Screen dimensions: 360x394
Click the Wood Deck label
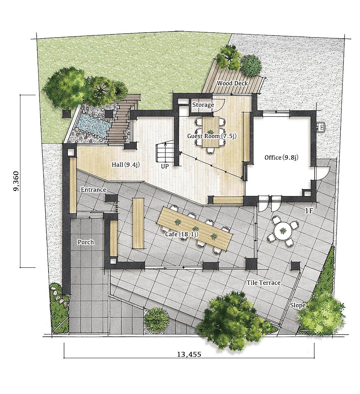232,83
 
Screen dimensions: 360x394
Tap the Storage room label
203,105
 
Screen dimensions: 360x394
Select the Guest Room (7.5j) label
212,136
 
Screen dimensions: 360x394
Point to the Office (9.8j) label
281,158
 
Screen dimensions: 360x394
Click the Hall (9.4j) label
125,165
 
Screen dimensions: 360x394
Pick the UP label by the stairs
165,166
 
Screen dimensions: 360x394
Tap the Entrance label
93,190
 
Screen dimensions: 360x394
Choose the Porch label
85,242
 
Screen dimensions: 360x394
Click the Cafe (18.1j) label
181,235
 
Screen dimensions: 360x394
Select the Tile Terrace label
263,283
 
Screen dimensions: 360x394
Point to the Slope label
298,305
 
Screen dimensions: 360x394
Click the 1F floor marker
309,211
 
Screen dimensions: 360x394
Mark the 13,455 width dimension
189,355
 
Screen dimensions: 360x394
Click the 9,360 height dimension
16,181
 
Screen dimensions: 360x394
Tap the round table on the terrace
283,230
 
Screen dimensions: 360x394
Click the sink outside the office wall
321,126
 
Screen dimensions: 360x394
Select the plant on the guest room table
210,132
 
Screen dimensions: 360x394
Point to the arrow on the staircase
165,152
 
